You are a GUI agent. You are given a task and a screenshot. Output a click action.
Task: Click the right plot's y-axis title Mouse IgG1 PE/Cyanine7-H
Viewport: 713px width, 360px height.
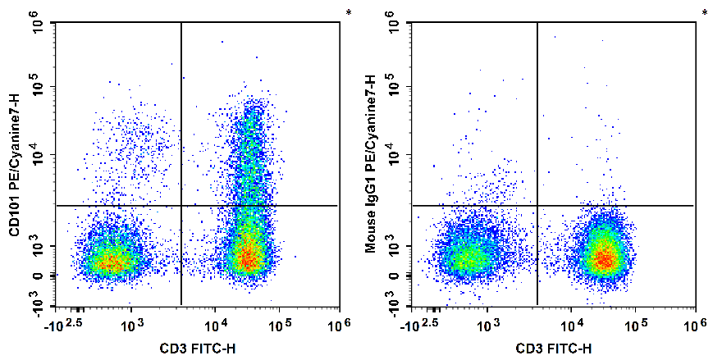click(371, 165)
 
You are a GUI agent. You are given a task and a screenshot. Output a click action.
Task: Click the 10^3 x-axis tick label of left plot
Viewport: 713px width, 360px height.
click(134, 326)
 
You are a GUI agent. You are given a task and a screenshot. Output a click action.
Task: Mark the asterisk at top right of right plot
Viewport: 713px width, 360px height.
click(704, 13)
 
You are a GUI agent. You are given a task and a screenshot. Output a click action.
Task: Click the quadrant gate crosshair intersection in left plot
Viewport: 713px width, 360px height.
click(181, 205)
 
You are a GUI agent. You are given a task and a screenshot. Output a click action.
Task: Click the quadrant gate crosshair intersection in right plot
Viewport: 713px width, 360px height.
click(537, 205)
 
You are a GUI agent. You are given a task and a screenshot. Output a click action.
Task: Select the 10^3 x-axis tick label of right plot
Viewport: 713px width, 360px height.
click(490, 326)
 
